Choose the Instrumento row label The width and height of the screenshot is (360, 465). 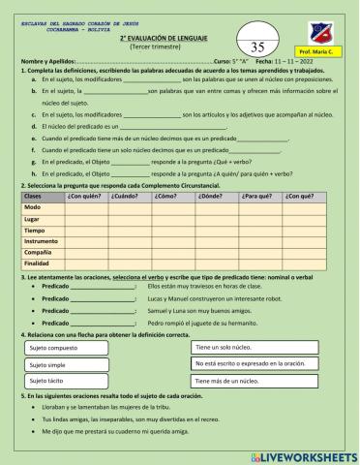coord(41,240)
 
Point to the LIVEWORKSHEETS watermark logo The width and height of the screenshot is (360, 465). coord(299,454)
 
